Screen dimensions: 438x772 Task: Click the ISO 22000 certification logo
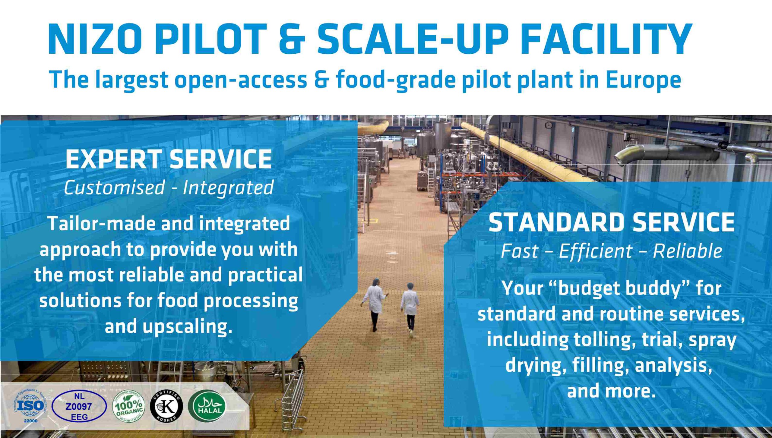coord(30,406)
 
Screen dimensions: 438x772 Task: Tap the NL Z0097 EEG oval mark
coord(79,406)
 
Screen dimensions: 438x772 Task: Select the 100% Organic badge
coord(129,406)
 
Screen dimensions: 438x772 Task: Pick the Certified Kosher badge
coord(166,406)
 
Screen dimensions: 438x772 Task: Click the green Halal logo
coord(207,406)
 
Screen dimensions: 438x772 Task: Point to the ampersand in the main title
coord(292,39)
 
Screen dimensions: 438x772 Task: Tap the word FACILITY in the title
coord(606,39)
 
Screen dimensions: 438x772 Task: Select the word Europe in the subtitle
coord(643,80)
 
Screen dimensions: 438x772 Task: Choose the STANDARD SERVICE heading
coord(612,222)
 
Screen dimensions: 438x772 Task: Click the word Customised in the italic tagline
coord(114,187)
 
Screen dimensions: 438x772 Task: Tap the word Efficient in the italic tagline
coord(596,251)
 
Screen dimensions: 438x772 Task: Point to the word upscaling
coord(185,327)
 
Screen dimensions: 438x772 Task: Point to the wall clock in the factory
coord(549,125)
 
